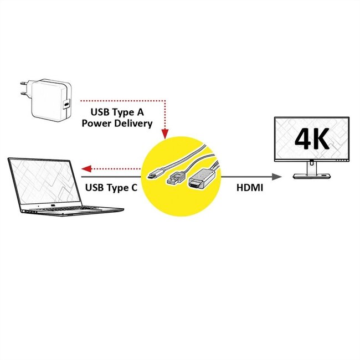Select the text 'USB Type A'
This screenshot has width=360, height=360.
click(117, 112)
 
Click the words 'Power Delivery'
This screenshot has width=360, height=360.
click(117, 124)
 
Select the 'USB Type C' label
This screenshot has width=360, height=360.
click(111, 187)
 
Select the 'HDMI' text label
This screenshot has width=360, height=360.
click(250, 188)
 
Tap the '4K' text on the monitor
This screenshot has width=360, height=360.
click(312, 139)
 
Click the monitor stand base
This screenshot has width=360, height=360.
click(312, 176)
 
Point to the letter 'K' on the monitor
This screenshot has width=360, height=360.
click(322, 139)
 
